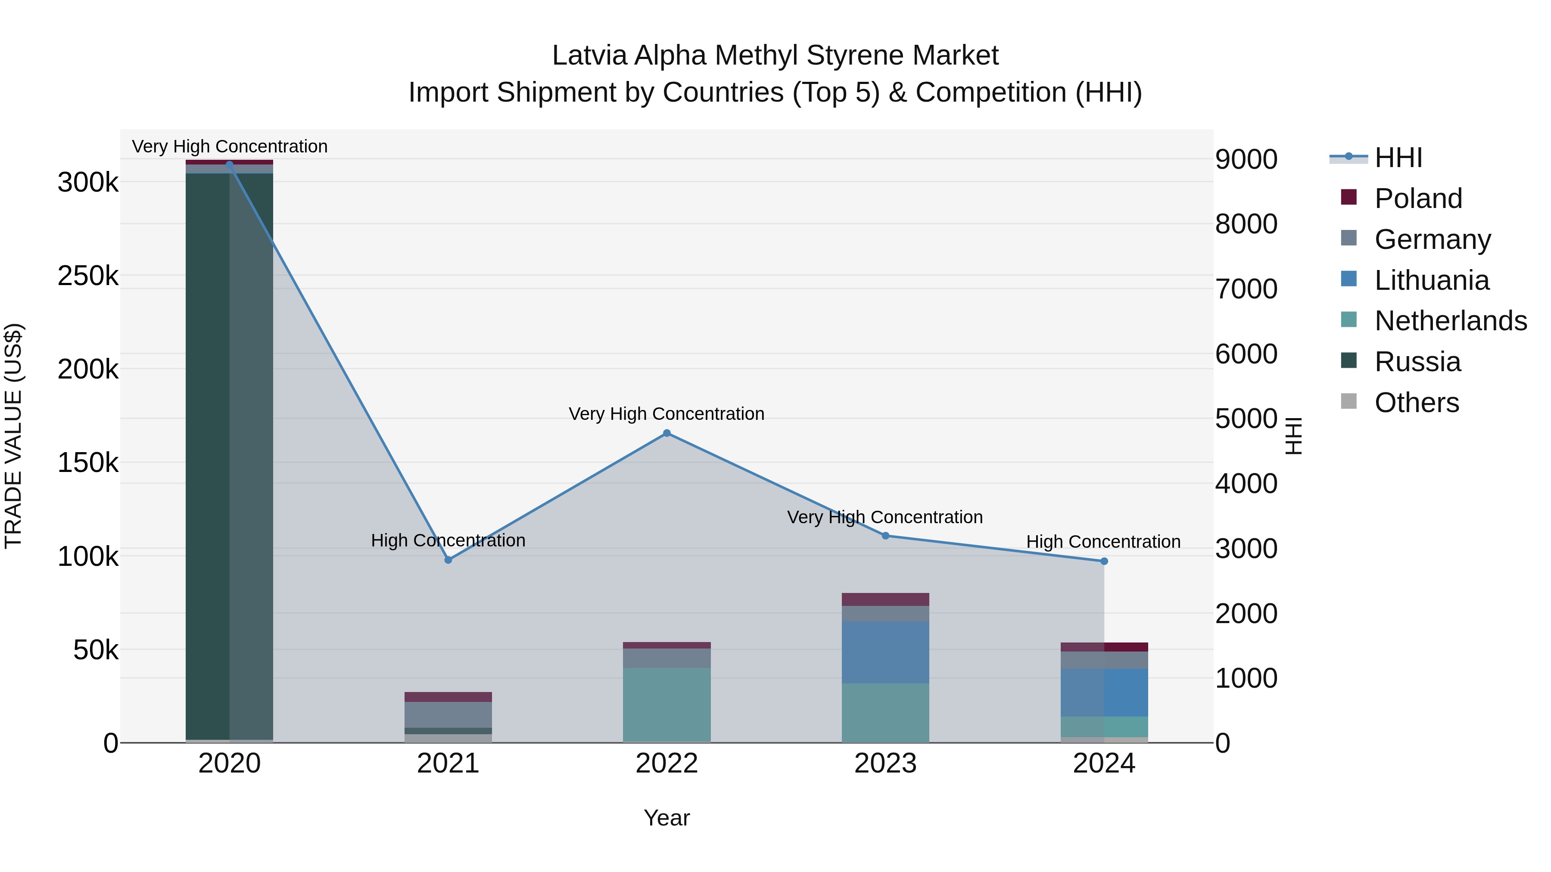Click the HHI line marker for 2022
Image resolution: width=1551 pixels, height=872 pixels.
(x=666, y=433)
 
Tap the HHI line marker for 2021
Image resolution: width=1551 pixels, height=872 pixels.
(x=448, y=560)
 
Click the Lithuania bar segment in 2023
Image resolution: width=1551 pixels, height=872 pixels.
(x=885, y=652)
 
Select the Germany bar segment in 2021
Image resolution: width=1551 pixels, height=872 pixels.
(x=448, y=714)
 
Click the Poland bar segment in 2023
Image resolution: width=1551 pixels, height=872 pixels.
(x=885, y=599)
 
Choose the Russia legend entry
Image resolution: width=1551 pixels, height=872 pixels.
(x=1417, y=362)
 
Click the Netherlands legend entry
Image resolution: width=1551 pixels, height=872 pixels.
(x=1450, y=321)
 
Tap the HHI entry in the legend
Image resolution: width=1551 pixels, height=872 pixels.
(x=1398, y=158)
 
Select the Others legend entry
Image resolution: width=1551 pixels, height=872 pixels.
(x=1416, y=403)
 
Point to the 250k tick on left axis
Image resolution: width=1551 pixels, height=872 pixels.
(x=88, y=276)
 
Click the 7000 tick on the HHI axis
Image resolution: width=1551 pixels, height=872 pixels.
(x=1246, y=289)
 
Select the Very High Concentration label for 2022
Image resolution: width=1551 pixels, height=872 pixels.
(x=666, y=414)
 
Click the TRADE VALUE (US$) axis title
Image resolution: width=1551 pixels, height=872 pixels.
(x=14, y=436)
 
